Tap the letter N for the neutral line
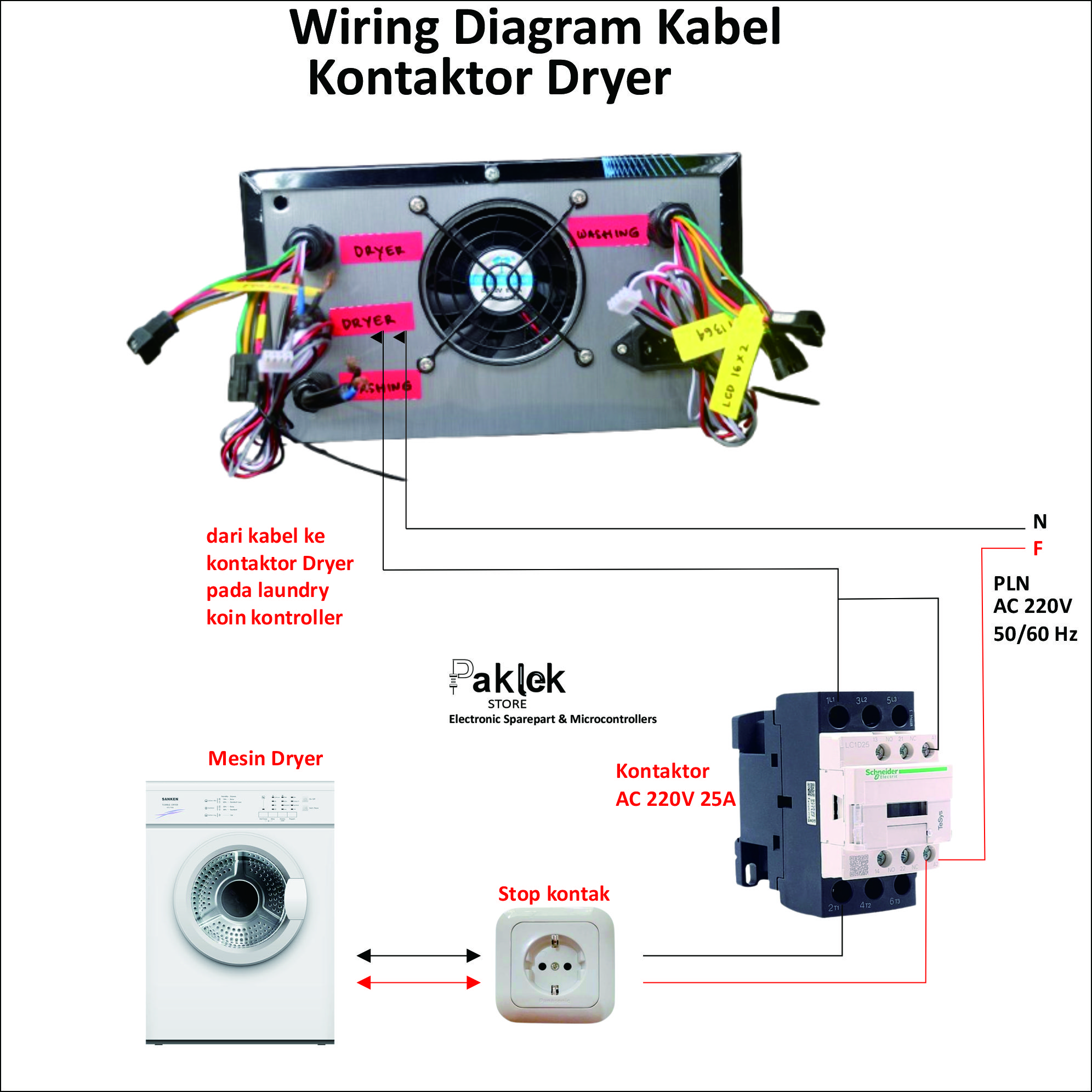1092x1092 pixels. click(x=1040, y=521)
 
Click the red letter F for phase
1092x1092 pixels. click(x=1038, y=548)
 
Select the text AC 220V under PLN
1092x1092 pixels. click(x=1032, y=606)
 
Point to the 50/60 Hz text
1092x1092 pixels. click(x=1035, y=634)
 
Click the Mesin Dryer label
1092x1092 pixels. click(x=265, y=759)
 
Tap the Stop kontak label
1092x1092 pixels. click(x=553, y=894)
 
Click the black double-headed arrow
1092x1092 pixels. click(x=418, y=956)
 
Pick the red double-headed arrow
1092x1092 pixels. click(x=418, y=983)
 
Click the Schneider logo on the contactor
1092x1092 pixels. click(x=881, y=772)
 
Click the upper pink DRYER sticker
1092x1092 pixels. click(x=380, y=249)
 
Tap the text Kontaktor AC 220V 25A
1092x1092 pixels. click(x=675, y=784)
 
